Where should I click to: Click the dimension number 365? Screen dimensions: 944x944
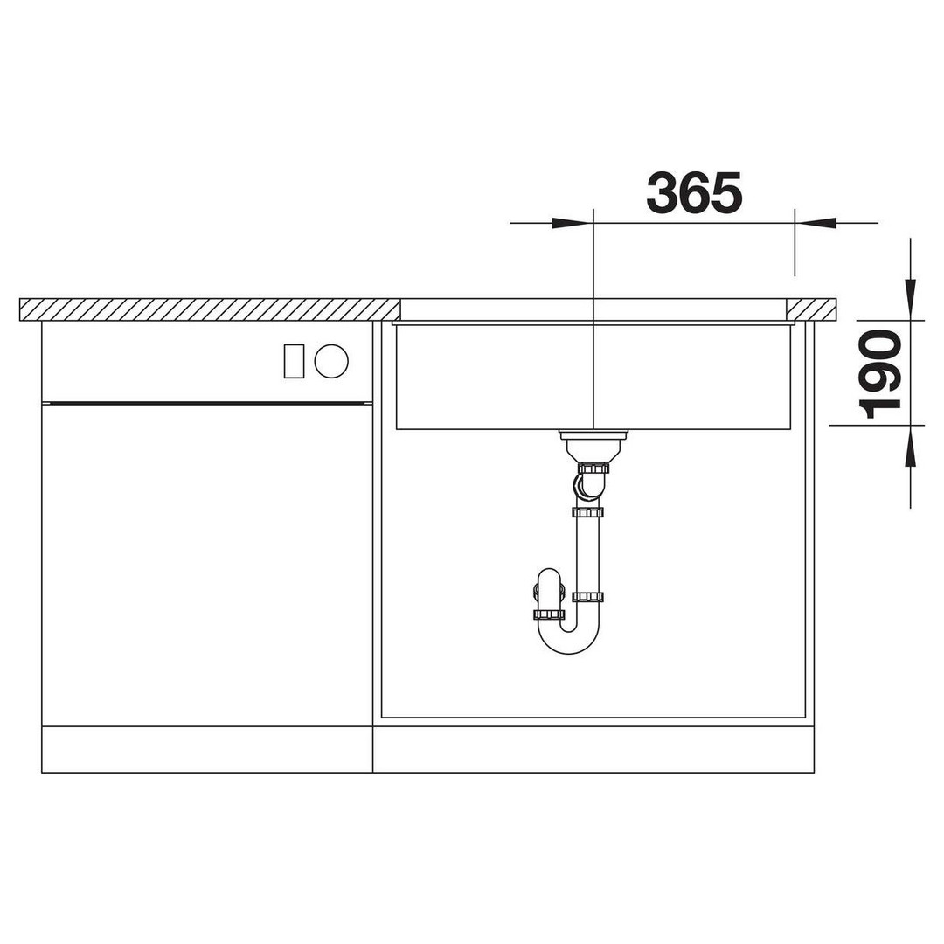click(x=694, y=192)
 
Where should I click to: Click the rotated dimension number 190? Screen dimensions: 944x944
click(x=879, y=374)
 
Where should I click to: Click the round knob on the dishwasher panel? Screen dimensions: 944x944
click(x=331, y=361)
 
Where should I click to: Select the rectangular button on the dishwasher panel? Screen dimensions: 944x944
click(x=294, y=361)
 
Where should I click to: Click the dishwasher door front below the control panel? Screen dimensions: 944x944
click(x=207, y=565)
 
